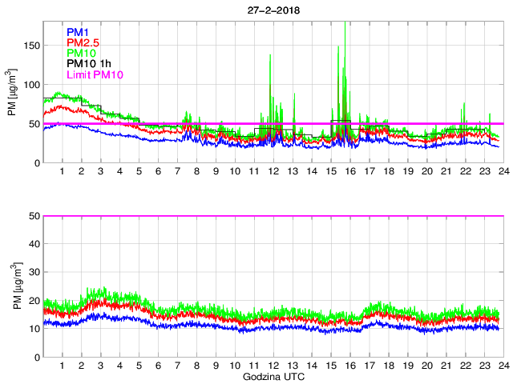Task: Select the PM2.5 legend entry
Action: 83,43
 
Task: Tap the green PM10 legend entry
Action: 82,54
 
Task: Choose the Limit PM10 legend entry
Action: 95,74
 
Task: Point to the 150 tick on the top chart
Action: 32,46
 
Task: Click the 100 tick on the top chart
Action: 32,85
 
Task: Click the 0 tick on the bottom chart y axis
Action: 37,357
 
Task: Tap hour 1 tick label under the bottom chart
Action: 63,366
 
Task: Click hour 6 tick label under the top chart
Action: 158,172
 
